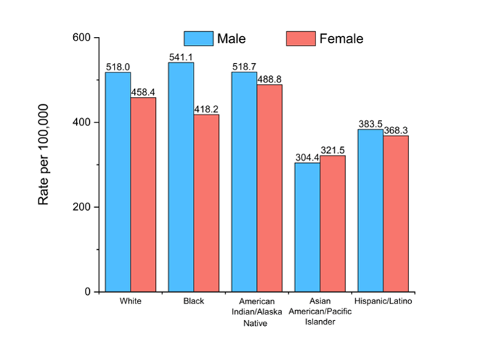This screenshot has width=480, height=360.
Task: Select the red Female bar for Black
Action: click(206, 203)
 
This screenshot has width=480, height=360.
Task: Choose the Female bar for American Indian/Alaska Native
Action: click(269, 188)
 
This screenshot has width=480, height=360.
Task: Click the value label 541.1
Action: click(181, 56)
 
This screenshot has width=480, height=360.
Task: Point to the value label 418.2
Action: click(206, 109)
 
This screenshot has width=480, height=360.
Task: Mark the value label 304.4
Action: click(307, 157)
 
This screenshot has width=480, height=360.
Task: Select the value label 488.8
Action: click(270, 79)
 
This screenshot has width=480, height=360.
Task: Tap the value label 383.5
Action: click(371, 124)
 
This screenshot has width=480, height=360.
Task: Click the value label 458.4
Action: click(144, 92)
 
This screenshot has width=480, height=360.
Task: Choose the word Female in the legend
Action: click(341, 38)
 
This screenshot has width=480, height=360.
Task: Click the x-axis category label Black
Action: click(194, 301)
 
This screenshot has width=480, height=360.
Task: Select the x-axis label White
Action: click(131, 301)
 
